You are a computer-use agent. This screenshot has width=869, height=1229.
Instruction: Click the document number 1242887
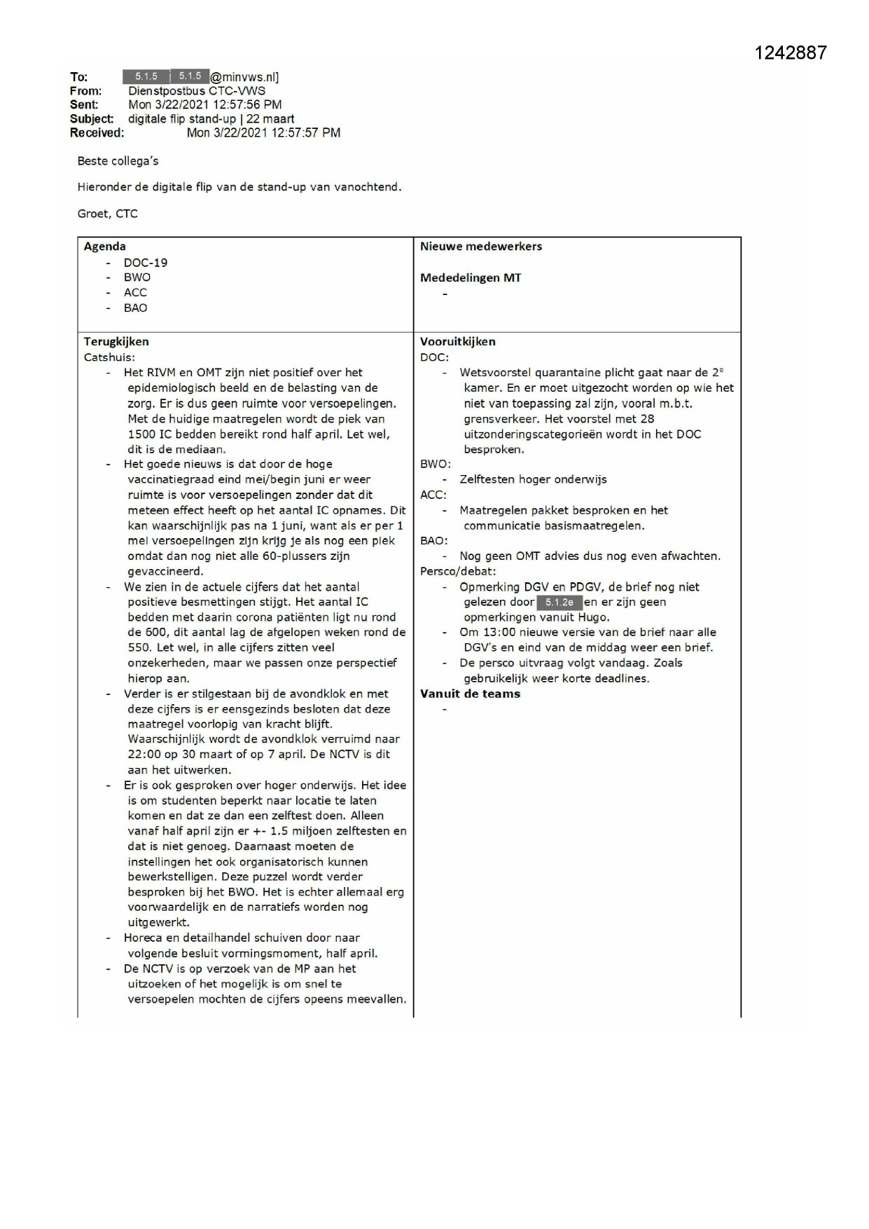pyautogui.click(x=791, y=53)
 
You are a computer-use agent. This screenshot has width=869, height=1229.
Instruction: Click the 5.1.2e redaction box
pyautogui.click(x=559, y=603)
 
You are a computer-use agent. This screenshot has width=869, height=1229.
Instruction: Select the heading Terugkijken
pyautogui.click(x=116, y=342)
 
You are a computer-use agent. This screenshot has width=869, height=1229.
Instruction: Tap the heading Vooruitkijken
pyautogui.click(x=457, y=342)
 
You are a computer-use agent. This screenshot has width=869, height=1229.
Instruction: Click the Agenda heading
pyautogui.click(x=105, y=247)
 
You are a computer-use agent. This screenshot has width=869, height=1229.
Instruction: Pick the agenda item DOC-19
pyautogui.click(x=146, y=263)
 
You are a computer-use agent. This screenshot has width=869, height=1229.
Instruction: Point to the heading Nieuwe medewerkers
pyautogui.click(x=480, y=247)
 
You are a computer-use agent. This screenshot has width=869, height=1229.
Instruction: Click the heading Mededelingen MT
pyautogui.click(x=470, y=278)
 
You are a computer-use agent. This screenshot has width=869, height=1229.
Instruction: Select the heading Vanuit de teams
pyautogui.click(x=470, y=694)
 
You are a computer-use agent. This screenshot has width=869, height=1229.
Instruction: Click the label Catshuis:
pyautogui.click(x=109, y=357)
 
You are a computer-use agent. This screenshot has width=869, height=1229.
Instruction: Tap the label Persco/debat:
pyautogui.click(x=458, y=572)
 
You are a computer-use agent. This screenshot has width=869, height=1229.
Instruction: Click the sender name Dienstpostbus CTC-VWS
pyautogui.click(x=197, y=91)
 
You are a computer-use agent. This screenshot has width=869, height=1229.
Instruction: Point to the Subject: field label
pyautogui.click(x=92, y=119)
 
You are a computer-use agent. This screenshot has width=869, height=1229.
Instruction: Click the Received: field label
pyautogui.click(x=97, y=133)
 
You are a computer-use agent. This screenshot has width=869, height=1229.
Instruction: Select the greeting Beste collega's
pyautogui.click(x=118, y=161)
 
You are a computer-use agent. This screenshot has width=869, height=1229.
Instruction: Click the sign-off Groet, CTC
pyautogui.click(x=107, y=214)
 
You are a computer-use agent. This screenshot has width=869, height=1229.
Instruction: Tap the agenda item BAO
pyautogui.click(x=135, y=308)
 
